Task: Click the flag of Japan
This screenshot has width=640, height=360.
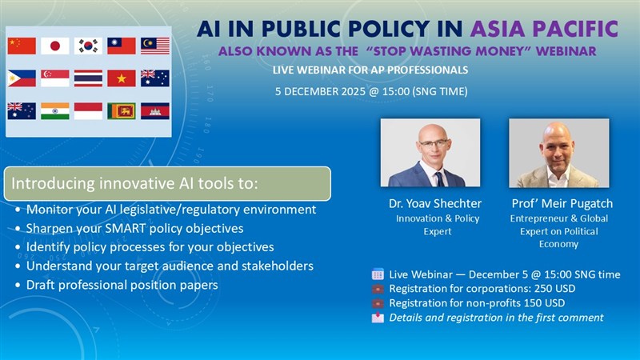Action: pos(55,46)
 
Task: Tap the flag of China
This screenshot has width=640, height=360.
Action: pos(22,46)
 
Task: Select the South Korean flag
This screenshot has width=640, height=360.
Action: pos(88,46)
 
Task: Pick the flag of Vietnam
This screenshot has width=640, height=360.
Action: pos(122,78)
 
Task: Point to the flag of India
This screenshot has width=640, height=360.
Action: pos(55,110)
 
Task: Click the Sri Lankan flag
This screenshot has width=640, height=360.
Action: pos(122,110)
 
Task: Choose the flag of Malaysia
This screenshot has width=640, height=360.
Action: pos(155,46)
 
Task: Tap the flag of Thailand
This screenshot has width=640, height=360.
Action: pos(88,78)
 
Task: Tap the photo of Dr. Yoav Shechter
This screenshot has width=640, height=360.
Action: pos(430,153)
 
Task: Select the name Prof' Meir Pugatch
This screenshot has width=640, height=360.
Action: pos(558,203)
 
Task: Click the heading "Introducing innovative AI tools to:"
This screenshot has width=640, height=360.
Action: pos(134,184)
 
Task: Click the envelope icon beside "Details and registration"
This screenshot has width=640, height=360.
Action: pos(378,318)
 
